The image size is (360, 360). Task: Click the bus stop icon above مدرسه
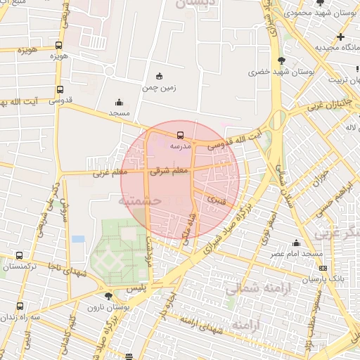click(181, 134)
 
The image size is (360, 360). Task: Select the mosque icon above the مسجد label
click(118, 101)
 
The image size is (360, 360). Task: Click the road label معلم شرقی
click(168, 170)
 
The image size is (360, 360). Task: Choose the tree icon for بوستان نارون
click(108, 297)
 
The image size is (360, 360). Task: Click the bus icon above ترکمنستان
click(19, 255)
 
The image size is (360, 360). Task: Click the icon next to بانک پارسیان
click(323, 268)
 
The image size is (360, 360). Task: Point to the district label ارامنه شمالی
click(250, 288)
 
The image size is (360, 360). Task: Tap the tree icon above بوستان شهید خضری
click(282, 60)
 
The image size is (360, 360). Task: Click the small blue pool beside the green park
click(78, 239)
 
